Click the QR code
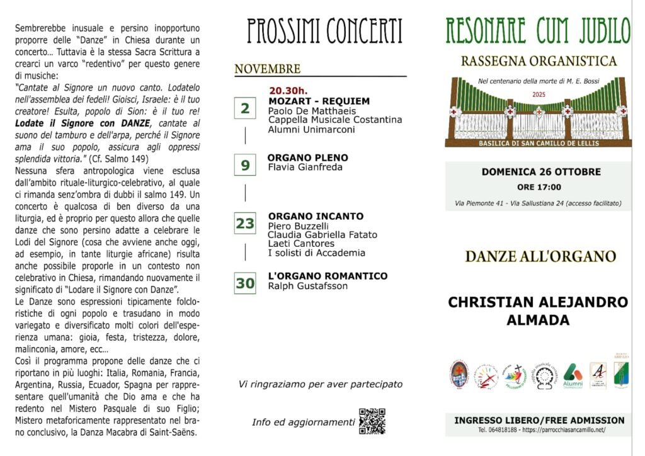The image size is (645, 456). click(372, 421)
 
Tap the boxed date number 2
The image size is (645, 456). click(244, 108)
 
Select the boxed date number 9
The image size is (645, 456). click(244, 166)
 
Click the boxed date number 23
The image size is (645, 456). click(244, 224)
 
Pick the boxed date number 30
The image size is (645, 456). click(245, 283)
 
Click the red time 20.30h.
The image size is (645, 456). click(289, 90)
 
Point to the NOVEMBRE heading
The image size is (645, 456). click(267, 69)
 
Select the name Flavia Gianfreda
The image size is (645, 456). click(304, 168)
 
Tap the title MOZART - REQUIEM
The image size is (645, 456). click(319, 101)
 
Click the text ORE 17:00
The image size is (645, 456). click(539, 187)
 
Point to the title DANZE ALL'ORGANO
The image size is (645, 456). click(540, 256)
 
